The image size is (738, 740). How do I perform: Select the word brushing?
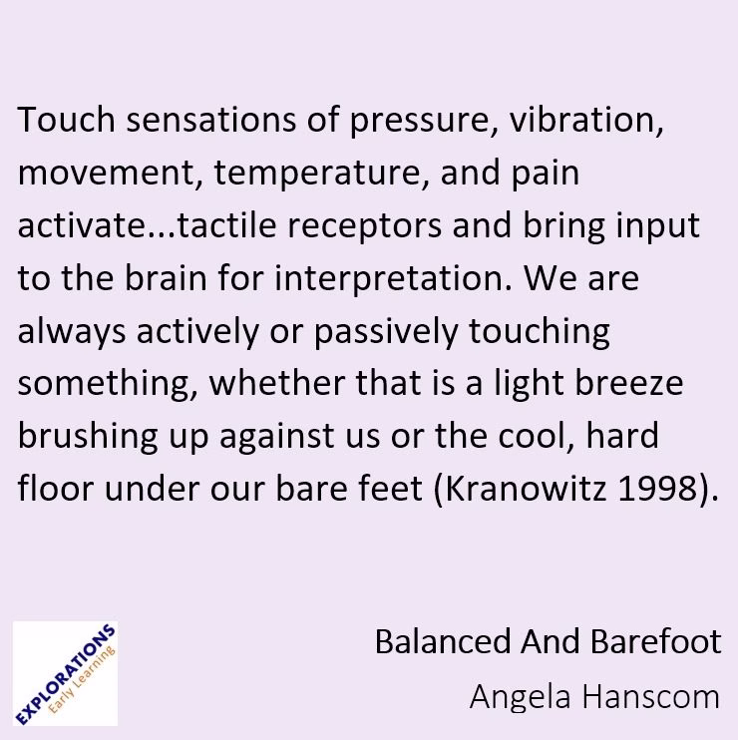pos(79,438)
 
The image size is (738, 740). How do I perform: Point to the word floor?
pos(56,489)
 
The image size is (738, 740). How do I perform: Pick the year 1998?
pos(656,490)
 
